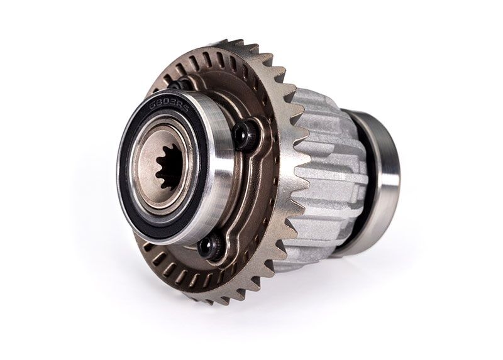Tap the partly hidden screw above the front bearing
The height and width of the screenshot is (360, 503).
click(x=178, y=84)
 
